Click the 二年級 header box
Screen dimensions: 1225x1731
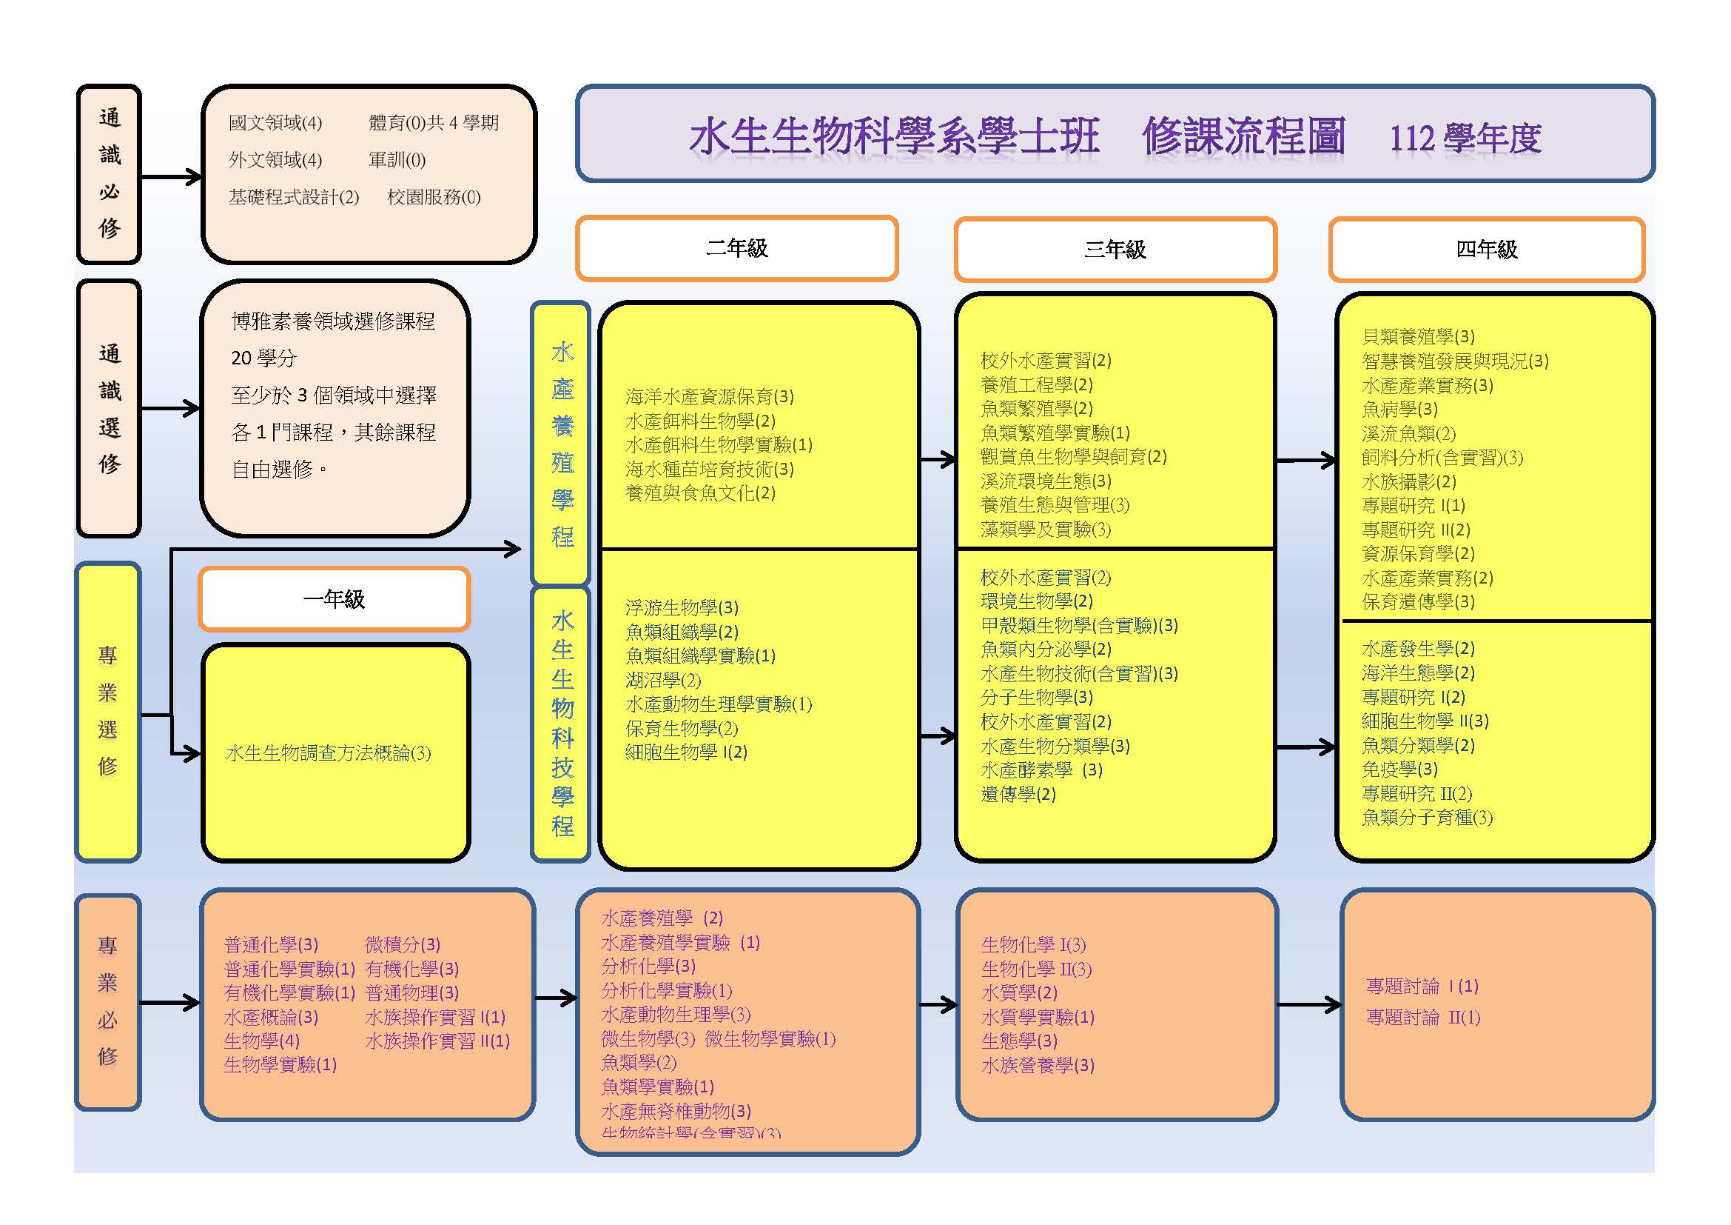(x=736, y=248)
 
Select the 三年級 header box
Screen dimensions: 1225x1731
(x=1115, y=250)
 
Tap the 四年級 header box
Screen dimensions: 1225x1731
(x=1486, y=250)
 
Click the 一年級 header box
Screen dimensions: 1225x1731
(x=334, y=599)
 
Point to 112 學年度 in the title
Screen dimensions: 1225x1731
(x=1465, y=138)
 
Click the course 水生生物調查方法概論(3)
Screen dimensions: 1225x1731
(x=329, y=752)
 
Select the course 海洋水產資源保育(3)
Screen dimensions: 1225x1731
(x=710, y=397)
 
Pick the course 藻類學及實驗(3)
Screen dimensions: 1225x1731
(x=1046, y=530)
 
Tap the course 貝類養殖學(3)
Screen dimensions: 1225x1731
(x=1418, y=336)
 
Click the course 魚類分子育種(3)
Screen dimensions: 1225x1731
(x=1427, y=818)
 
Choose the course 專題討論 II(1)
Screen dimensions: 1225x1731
(x=1423, y=1018)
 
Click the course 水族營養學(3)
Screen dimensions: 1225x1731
(x=1038, y=1065)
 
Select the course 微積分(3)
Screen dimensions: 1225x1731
(x=403, y=944)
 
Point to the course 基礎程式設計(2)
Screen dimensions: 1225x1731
(x=294, y=197)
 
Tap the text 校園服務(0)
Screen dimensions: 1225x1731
(x=434, y=197)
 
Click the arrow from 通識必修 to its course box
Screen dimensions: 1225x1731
(x=172, y=177)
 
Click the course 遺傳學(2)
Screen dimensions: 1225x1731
(x=1018, y=794)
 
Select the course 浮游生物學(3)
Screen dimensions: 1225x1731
(x=682, y=607)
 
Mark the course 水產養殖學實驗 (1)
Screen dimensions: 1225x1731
(x=680, y=942)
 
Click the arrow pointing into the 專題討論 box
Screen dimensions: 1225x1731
(x=1310, y=1005)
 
